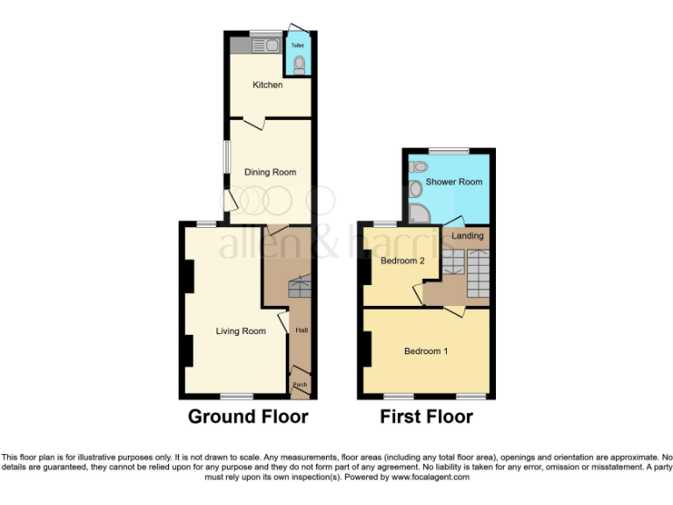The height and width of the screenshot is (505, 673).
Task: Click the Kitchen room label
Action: click(267, 85)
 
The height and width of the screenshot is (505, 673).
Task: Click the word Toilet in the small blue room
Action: click(297, 44)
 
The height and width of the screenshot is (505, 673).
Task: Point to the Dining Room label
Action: click(270, 173)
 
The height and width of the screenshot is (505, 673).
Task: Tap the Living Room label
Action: click(241, 331)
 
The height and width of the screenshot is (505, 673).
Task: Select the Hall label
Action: click(301, 331)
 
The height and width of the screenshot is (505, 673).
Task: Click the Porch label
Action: click(300, 384)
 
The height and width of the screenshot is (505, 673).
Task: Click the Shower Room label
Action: click(454, 182)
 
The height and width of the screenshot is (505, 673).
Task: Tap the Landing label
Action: click(465, 236)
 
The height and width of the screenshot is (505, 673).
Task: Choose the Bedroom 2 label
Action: click(402, 260)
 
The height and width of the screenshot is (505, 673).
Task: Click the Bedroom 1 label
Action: click(426, 352)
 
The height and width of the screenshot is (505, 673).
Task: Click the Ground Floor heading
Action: click(248, 416)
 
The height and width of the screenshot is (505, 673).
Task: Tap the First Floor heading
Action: click(426, 416)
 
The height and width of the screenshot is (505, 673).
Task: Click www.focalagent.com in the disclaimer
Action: click(430, 478)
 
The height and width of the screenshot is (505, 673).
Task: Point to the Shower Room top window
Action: click(448, 150)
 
